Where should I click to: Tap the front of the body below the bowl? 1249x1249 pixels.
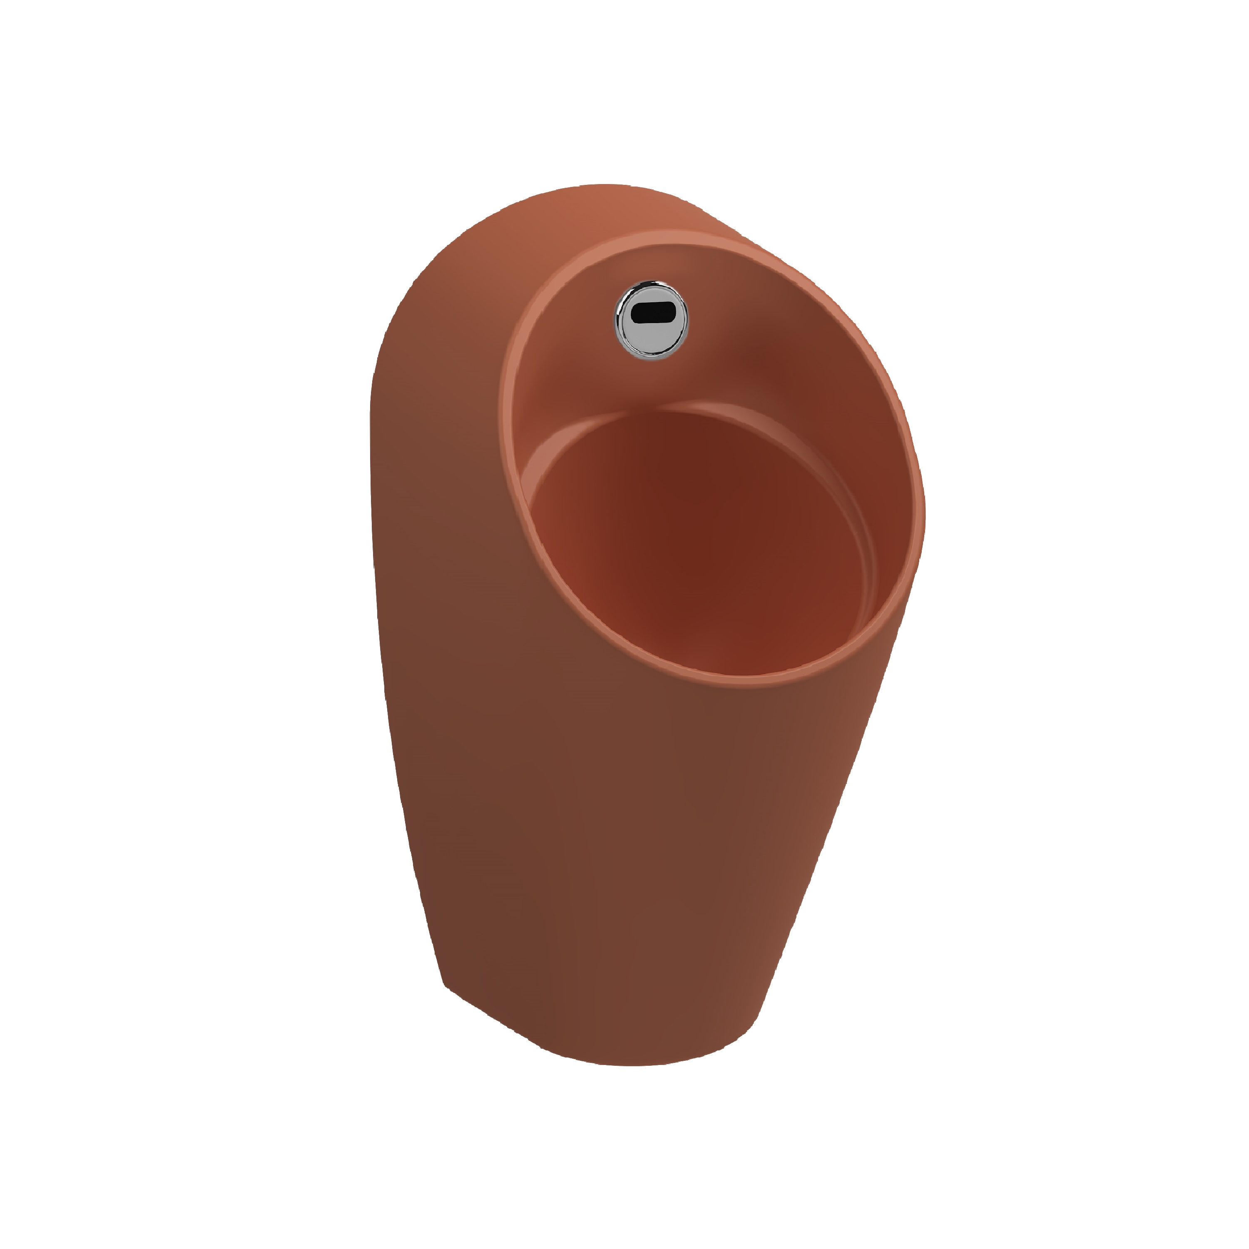647,841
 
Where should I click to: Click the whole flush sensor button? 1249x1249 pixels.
651,319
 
